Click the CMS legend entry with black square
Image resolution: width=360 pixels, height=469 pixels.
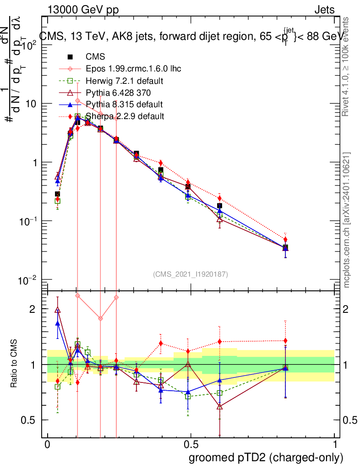(x=95, y=57)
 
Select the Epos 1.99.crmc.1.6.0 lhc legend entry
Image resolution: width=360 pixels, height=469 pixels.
(x=133, y=69)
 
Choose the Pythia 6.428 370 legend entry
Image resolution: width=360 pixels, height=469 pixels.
(x=120, y=93)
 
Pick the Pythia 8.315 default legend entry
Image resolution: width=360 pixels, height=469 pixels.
(x=124, y=104)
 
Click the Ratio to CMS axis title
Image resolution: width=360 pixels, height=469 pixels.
(x=15, y=364)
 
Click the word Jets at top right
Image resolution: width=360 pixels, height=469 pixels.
(x=324, y=10)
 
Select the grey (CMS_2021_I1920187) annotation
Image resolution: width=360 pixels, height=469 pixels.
(x=191, y=274)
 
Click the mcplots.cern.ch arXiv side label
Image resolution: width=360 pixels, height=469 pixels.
(x=347, y=220)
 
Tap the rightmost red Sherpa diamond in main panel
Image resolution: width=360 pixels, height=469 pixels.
(x=285, y=240)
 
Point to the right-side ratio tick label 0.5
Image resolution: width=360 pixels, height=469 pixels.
(x=349, y=420)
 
